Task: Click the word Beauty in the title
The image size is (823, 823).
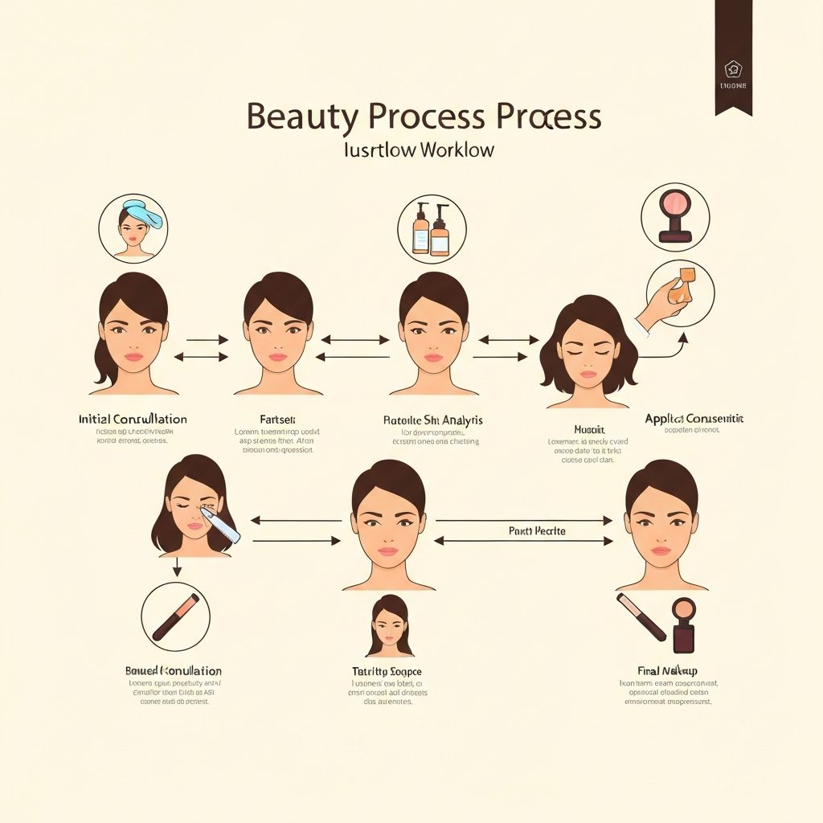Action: [301, 117]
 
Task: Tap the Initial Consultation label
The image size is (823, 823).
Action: [133, 420]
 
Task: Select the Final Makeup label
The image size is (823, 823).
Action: [667, 670]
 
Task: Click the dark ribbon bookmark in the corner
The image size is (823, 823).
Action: [733, 56]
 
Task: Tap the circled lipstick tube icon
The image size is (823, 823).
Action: [175, 616]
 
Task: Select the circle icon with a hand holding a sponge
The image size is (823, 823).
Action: [679, 293]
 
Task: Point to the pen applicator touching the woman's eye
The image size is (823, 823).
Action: [220, 523]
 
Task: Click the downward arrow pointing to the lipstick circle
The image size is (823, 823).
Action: [177, 567]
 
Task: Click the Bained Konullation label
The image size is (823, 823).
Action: [173, 670]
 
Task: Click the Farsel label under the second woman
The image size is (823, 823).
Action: [277, 420]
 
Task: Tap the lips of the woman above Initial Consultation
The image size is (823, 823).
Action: [133, 357]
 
